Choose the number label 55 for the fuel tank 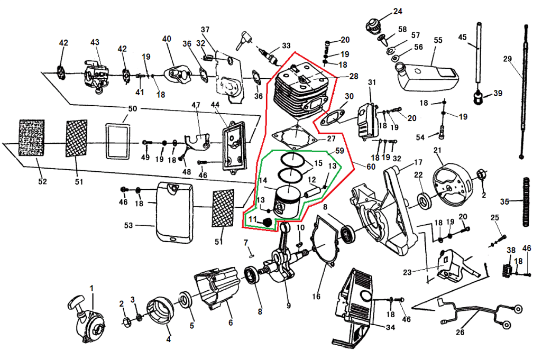437,40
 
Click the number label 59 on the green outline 339,151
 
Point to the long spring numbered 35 526,202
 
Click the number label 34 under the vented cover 390,328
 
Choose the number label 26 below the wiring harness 460,332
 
